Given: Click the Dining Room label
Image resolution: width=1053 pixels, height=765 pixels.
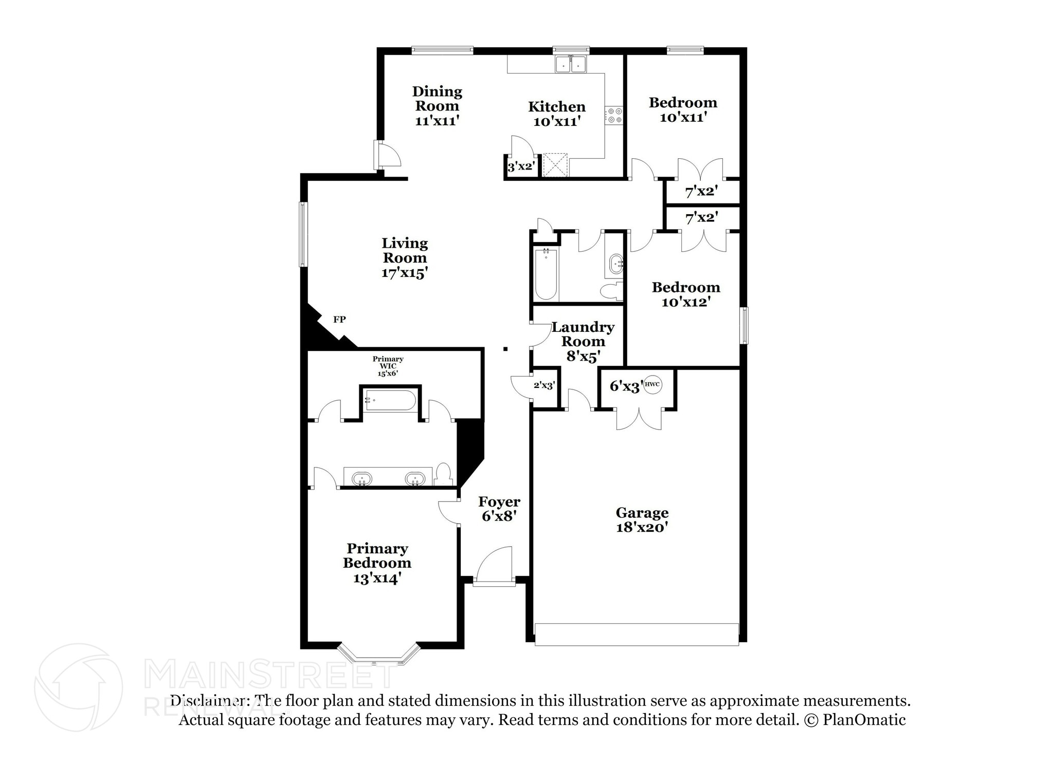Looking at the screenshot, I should click(437, 106).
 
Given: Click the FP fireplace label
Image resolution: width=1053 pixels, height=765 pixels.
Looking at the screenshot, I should click(339, 319).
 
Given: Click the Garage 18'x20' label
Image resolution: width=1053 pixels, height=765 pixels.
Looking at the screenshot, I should click(642, 519).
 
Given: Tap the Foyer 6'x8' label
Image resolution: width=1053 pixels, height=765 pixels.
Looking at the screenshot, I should click(499, 509).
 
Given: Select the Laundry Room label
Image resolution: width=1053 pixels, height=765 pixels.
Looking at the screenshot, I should click(583, 341).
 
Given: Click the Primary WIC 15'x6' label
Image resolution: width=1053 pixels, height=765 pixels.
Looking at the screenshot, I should click(388, 366).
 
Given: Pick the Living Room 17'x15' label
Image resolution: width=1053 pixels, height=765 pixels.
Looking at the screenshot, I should click(405, 257).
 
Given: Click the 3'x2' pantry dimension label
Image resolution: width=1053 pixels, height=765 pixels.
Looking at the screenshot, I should click(521, 166).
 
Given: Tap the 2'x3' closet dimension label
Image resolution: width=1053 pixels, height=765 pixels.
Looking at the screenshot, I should click(543, 385).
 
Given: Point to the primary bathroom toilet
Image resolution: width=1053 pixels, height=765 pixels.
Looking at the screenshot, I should click(443, 474).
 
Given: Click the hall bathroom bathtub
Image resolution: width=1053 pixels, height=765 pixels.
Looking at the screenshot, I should click(546, 275).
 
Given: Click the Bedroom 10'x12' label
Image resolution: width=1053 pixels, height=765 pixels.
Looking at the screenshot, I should click(685, 294).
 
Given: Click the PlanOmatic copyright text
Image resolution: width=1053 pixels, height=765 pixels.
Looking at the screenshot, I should click(854, 719).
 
